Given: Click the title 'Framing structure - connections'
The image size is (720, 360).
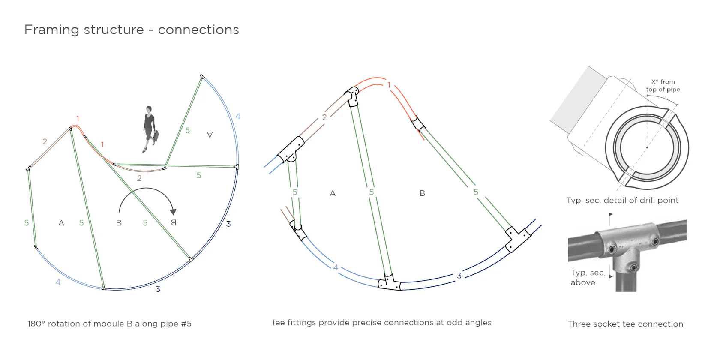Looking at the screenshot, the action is tap(132, 30).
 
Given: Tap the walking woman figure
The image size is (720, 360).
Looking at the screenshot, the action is tap(150, 129).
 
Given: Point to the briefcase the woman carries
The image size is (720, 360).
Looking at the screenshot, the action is tap(156, 136).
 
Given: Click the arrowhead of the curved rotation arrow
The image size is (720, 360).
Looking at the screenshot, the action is tap(173, 212).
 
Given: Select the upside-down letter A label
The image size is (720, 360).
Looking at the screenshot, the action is tap(210, 135).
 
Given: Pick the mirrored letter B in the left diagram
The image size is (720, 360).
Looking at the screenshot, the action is tap(174, 222).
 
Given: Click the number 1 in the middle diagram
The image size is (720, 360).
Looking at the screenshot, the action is tap(389, 85).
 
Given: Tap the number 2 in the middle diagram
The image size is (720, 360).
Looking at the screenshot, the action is tap(324, 117).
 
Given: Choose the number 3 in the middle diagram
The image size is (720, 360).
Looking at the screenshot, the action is tap(459, 276).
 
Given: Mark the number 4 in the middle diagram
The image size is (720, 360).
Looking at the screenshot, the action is tap(336, 267).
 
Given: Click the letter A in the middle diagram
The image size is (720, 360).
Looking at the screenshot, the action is tap(333, 193).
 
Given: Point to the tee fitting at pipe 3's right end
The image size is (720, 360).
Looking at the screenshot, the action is tap(517, 239).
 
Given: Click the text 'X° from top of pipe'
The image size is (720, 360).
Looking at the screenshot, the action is tap(663, 86).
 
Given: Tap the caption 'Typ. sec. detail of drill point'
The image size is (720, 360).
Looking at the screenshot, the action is tap(622, 200).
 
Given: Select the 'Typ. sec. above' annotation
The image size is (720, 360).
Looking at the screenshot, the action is tap(588, 277).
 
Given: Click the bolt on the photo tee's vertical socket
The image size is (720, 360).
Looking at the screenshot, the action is tap(633, 267).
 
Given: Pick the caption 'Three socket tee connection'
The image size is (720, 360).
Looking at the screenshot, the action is tap(625, 324).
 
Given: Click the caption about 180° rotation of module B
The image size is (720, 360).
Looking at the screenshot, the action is tap(109, 324).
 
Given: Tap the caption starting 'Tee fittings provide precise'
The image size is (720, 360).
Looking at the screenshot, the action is tap(381, 323).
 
